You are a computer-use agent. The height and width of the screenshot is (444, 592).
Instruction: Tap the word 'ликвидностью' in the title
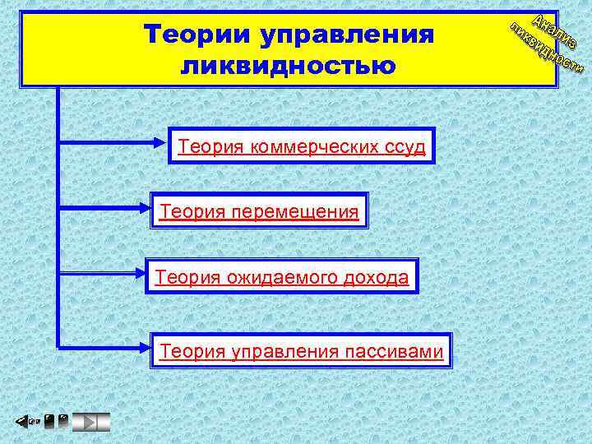click(x=288, y=65)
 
